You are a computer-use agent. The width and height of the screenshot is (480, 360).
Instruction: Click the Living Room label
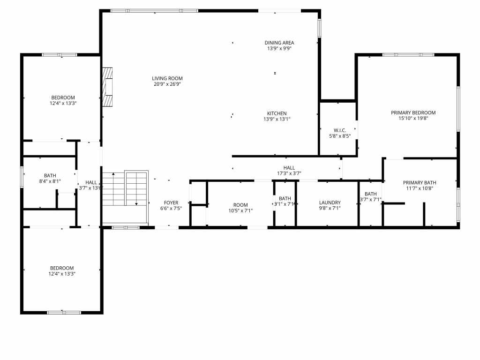click(x=167, y=78)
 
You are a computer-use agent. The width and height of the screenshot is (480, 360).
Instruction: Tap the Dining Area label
click(x=279, y=43)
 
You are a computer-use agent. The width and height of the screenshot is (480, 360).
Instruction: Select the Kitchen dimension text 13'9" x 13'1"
click(x=277, y=119)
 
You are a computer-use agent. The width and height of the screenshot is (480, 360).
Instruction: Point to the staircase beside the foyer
click(x=125, y=196)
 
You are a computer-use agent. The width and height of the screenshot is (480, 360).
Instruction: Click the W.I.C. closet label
click(x=340, y=130)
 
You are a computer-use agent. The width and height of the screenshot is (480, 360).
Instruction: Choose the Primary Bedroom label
click(x=413, y=112)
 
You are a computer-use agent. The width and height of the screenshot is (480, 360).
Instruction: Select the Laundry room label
click(x=330, y=202)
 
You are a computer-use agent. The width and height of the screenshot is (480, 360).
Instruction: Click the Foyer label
click(x=171, y=202)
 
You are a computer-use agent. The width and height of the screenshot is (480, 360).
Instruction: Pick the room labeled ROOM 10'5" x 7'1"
click(x=240, y=205)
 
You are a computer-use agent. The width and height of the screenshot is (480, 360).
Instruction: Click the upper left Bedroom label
click(x=62, y=97)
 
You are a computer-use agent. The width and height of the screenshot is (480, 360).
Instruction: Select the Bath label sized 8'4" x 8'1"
click(x=50, y=175)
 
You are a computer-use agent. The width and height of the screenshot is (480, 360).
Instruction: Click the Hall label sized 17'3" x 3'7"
click(x=289, y=167)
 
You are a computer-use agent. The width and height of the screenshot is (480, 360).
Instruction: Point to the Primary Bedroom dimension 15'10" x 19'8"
click(x=413, y=119)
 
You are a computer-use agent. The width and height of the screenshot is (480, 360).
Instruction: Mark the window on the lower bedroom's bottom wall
click(x=64, y=312)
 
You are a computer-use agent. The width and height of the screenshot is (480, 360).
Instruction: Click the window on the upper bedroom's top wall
click(x=60, y=55)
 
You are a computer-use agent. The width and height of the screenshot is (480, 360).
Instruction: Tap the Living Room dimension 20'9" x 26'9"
click(x=167, y=84)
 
